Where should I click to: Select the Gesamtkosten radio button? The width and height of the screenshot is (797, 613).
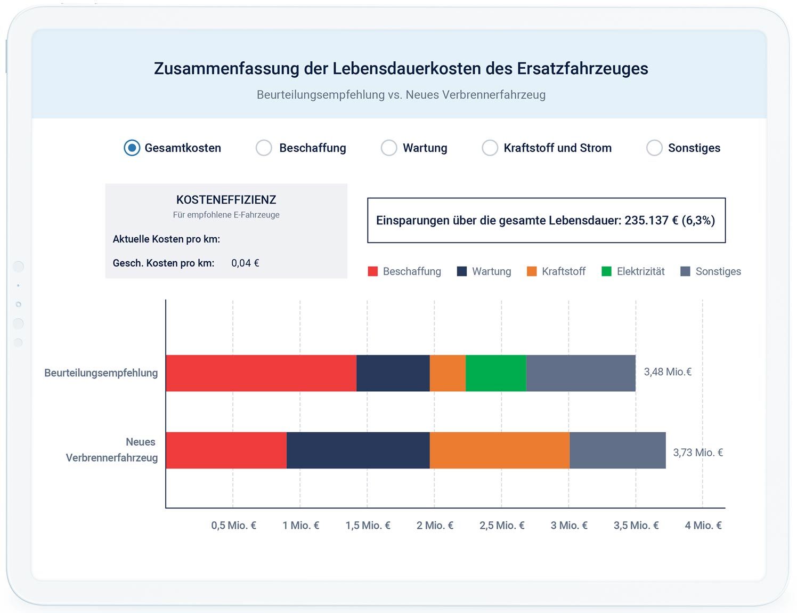tap(132, 148)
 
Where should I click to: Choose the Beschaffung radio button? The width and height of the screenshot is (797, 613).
tap(264, 148)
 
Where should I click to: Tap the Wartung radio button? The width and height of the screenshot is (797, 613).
tap(389, 148)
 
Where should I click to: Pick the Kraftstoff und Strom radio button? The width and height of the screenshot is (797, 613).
tap(490, 148)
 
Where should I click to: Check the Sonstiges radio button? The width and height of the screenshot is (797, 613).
tap(654, 148)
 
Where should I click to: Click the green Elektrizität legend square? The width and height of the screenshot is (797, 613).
tap(606, 271)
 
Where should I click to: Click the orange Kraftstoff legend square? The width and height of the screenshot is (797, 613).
tap(532, 271)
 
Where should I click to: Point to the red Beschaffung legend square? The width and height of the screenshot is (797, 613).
tap(373, 271)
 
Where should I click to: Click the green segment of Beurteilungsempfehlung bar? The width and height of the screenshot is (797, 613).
tap(496, 373)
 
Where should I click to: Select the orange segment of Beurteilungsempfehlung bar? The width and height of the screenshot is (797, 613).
tap(448, 373)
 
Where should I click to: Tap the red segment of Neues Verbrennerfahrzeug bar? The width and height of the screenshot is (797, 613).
tap(226, 450)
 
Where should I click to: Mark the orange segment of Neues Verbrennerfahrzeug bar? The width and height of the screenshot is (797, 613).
tap(500, 450)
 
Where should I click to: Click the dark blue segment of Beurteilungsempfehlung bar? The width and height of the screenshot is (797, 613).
tap(393, 373)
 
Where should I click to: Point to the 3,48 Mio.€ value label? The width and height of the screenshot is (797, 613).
tap(668, 372)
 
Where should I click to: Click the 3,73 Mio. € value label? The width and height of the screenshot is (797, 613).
tap(698, 453)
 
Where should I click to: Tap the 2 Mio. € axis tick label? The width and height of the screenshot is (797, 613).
tap(435, 526)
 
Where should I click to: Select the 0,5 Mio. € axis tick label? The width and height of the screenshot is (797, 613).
tap(233, 526)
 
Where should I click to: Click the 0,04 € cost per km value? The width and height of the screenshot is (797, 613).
tap(245, 263)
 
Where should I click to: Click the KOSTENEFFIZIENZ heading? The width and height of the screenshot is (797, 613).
tap(226, 200)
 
